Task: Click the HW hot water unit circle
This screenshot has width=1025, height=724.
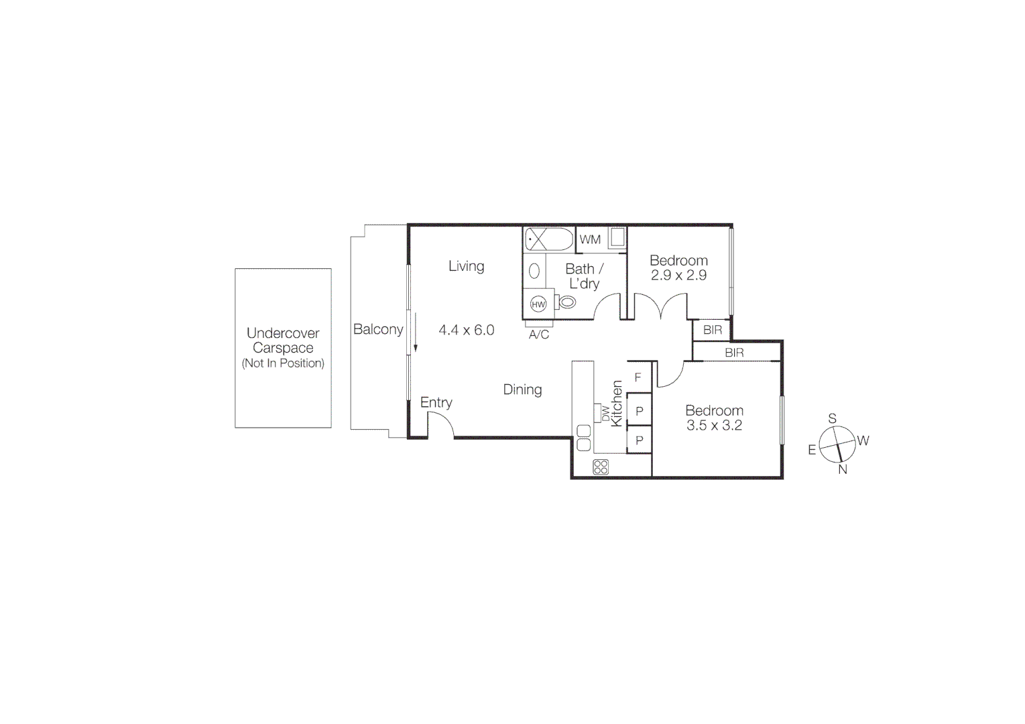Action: tap(538, 304)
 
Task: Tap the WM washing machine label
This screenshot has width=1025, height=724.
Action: tap(590, 239)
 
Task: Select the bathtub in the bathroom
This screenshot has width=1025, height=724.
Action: tap(549, 239)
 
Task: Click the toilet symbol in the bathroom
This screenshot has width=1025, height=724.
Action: tap(566, 302)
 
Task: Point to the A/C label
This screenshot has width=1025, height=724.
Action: tap(539, 335)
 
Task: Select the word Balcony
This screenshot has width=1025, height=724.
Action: tap(378, 329)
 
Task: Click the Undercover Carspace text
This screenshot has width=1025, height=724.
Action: tap(283, 341)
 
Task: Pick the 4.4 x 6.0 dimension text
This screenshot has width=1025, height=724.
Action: tap(467, 330)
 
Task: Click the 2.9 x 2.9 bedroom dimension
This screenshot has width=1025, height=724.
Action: tap(678, 275)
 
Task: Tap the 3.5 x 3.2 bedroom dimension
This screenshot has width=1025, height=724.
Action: tap(714, 425)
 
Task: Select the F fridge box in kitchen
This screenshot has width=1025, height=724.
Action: tap(638, 377)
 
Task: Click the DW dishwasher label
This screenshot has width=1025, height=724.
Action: tap(606, 414)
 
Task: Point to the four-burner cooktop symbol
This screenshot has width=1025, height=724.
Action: tap(601, 467)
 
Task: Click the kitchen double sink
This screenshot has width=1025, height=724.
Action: tap(583, 438)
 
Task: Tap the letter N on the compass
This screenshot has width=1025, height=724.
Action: tap(843, 469)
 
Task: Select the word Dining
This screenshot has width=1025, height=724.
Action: tap(522, 389)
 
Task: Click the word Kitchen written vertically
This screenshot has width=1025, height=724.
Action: tap(617, 403)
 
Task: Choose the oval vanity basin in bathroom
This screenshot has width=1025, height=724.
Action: tap(535, 271)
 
